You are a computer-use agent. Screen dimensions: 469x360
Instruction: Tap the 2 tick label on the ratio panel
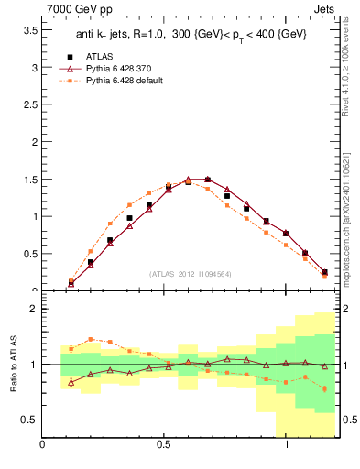coord(33,309)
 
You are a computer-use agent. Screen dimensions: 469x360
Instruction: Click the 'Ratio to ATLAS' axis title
coord(14,364)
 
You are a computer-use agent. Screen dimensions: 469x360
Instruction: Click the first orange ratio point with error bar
coord(71,348)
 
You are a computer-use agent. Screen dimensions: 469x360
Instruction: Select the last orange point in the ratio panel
coord(324,389)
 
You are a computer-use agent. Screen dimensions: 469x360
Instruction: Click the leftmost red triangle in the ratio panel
coord(71,382)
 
